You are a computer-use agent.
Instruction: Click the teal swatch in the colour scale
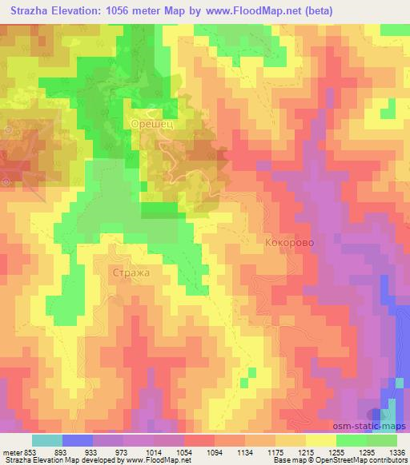click(48, 440)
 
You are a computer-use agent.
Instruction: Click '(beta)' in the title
click(314, 11)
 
